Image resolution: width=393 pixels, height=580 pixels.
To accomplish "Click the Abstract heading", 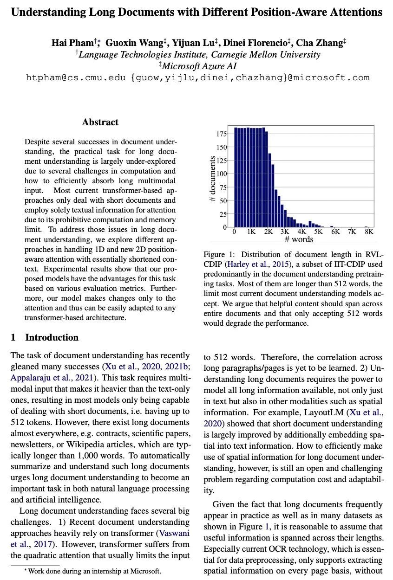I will tap(100, 122).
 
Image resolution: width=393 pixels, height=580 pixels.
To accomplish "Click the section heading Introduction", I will tap(52, 337).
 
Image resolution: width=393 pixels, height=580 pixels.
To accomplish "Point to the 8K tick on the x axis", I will tap(369, 232).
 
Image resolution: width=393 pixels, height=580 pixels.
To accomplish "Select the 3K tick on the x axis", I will tap(285, 232).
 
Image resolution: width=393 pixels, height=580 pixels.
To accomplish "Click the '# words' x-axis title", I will tap(299, 239).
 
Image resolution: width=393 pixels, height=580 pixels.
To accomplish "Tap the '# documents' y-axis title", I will tap(212, 179).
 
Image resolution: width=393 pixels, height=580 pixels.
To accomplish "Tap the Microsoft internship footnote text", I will tap(94, 571).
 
